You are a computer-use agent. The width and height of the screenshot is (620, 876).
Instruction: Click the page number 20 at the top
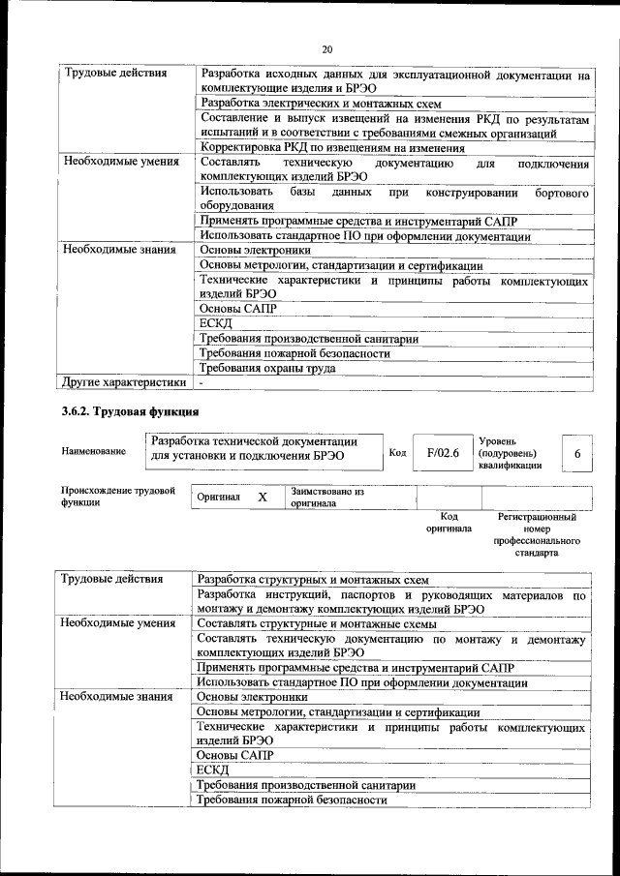pos(326,48)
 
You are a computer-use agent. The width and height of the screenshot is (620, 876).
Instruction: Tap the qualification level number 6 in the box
pos(577,453)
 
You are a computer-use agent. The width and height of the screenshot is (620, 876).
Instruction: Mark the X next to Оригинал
pos(262,497)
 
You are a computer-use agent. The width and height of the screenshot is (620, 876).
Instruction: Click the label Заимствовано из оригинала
pos(326,498)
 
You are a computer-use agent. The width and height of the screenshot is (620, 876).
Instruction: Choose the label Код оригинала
pos(449,523)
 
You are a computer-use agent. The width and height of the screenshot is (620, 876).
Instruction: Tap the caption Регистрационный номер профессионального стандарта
pos(536,536)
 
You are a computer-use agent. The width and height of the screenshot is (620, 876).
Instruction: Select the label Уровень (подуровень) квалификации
pos(511,452)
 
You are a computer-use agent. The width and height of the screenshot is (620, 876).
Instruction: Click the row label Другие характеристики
pos(124,381)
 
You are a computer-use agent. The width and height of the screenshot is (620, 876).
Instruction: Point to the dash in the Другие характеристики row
pos(201,382)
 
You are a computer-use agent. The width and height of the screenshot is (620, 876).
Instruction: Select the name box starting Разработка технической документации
pos(262,448)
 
